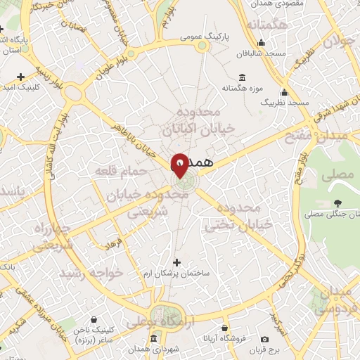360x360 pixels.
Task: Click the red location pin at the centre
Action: click(180, 164)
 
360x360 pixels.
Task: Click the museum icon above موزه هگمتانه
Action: click(243, 77)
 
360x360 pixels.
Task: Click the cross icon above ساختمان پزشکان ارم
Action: click(176, 262)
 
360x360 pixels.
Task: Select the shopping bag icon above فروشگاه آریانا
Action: click(224, 327)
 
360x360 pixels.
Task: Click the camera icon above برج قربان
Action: click(264, 339)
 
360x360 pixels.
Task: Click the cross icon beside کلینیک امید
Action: click(20, 76)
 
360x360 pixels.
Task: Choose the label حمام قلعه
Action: click(127, 171)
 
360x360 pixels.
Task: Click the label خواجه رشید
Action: click(91, 272)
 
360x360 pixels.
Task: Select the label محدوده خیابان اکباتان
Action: click(192, 121)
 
